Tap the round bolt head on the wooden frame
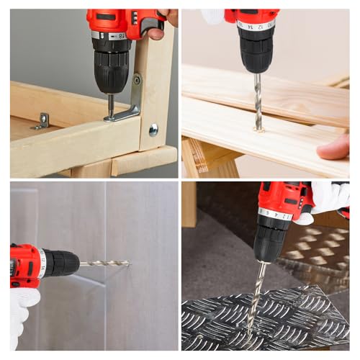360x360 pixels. pos(153,129)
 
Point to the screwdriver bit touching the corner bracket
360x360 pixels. pos(110,104)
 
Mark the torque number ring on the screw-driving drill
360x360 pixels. pos(109,35)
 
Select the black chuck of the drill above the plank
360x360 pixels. pos(256,49)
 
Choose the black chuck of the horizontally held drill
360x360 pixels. pos(60,262)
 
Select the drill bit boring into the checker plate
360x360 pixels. pos(256,295)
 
